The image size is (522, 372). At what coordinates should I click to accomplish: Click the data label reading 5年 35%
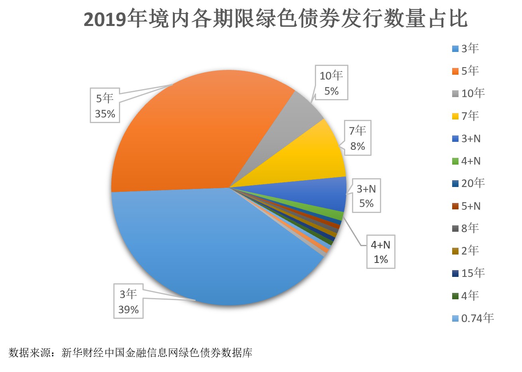105,106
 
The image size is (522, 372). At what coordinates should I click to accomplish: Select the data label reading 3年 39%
129,302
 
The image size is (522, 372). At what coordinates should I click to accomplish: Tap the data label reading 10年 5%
331,83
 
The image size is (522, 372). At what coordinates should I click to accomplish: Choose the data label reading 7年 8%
357,138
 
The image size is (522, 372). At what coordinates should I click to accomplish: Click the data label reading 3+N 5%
366,196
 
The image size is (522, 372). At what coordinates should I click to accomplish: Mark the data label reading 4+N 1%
381,252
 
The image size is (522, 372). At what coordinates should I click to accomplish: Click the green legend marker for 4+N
455,161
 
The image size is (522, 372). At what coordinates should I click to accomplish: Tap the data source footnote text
130,353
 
